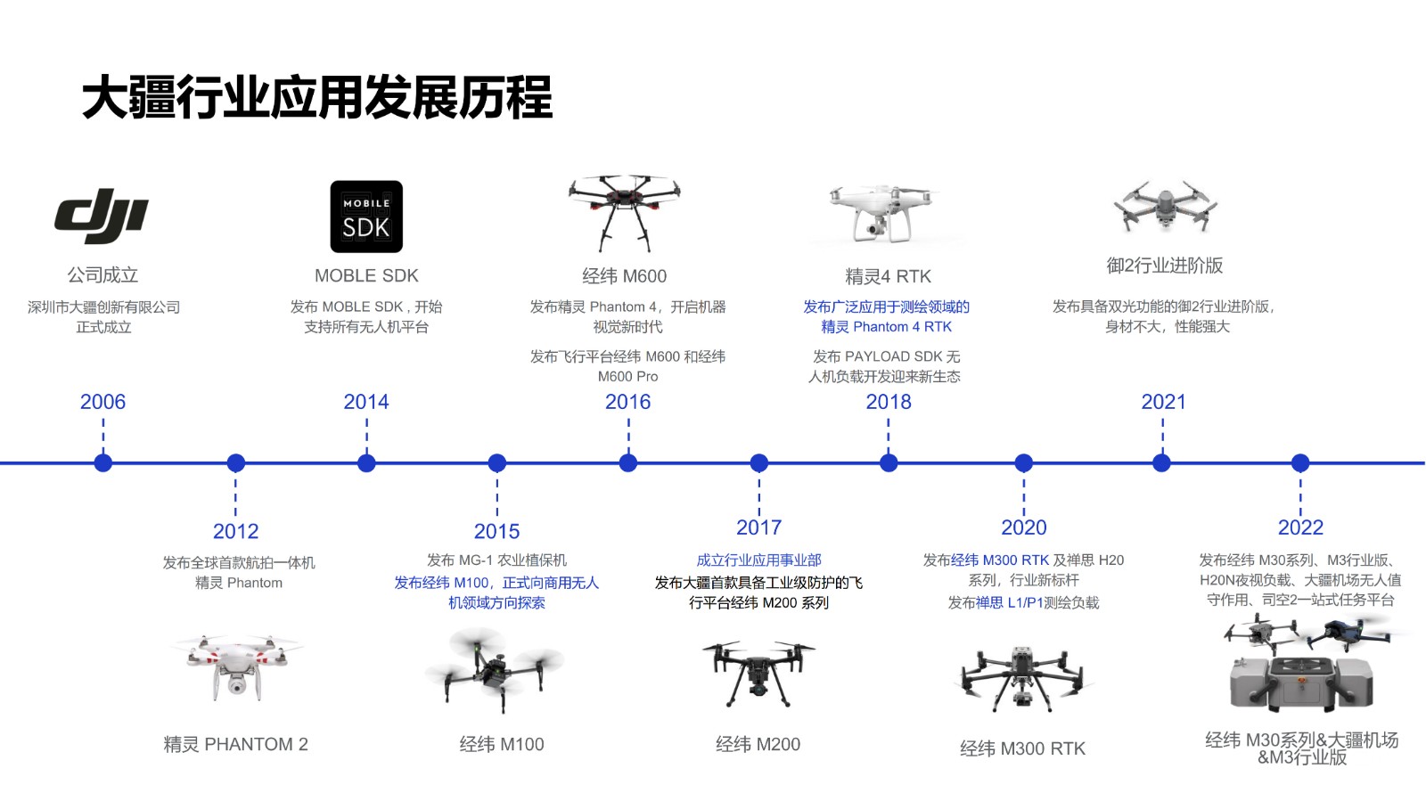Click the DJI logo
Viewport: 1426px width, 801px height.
tap(102, 216)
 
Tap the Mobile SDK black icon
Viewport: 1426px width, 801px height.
tap(366, 217)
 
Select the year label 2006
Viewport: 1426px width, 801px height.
tap(102, 402)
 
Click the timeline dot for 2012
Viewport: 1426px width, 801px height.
tap(235, 462)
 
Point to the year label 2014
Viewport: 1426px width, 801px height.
tap(366, 402)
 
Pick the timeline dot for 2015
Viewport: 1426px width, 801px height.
tap(497, 462)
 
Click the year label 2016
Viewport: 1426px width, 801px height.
tap(627, 402)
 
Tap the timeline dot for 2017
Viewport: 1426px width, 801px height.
tap(759, 462)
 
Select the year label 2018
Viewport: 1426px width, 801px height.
tap(889, 402)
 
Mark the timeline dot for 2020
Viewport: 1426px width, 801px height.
tap(1024, 462)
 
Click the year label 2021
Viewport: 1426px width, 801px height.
tap(1163, 402)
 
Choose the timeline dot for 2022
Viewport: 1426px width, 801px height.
tap(1300, 462)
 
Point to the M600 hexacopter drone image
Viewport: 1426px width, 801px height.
tap(625, 211)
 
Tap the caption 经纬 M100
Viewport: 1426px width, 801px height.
tap(502, 744)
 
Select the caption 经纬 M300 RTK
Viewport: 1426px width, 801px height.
tap(1022, 748)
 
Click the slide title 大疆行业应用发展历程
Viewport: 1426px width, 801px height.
tap(317, 98)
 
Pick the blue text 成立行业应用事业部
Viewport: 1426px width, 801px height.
tap(758, 560)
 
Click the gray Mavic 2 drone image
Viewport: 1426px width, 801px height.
tap(1165, 205)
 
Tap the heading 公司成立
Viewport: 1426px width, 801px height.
tap(102, 275)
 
